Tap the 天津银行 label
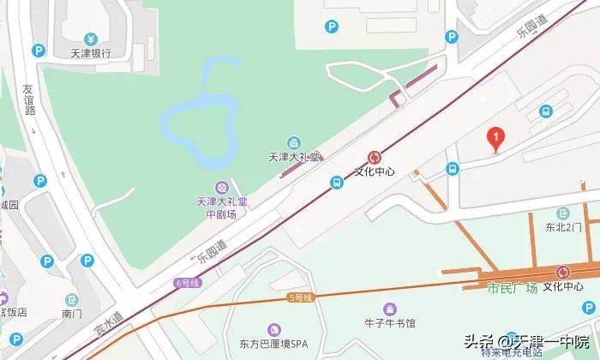(x=91, y=53)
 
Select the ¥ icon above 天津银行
(x=91, y=38)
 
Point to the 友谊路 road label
(x=29, y=99)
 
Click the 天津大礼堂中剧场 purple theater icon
(x=222, y=187)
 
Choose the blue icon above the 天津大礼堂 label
(x=294, y=142)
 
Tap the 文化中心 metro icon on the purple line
(x=374, y=157)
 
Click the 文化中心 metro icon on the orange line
(x=562, y=272)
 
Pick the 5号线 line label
(x=303, y=296)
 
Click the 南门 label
(x=72, y=315)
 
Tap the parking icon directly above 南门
(x=72, y=299)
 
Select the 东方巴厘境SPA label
(x=273, y=345)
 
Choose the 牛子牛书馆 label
(x=390, y=323)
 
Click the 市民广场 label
(x=512, y=287)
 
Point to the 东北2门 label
(x=563, y=227)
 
